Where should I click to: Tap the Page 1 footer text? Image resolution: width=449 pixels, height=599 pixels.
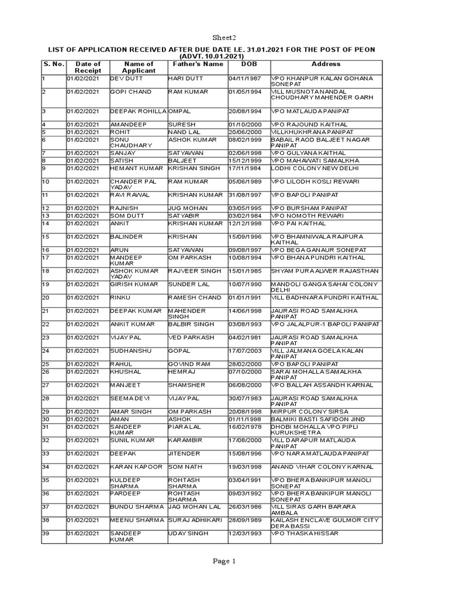point(224,562)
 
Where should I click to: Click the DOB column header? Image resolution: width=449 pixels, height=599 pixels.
point(248,64)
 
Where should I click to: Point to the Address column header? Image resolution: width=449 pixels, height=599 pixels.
point(326,64)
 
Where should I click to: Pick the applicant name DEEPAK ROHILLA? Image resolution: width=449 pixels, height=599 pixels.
point(139,109)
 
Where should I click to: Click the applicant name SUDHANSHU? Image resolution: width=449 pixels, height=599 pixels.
point(130,350)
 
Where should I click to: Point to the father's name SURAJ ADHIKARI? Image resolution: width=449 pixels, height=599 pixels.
point(197,519)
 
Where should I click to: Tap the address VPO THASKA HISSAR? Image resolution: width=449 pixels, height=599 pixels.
point(305,533)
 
